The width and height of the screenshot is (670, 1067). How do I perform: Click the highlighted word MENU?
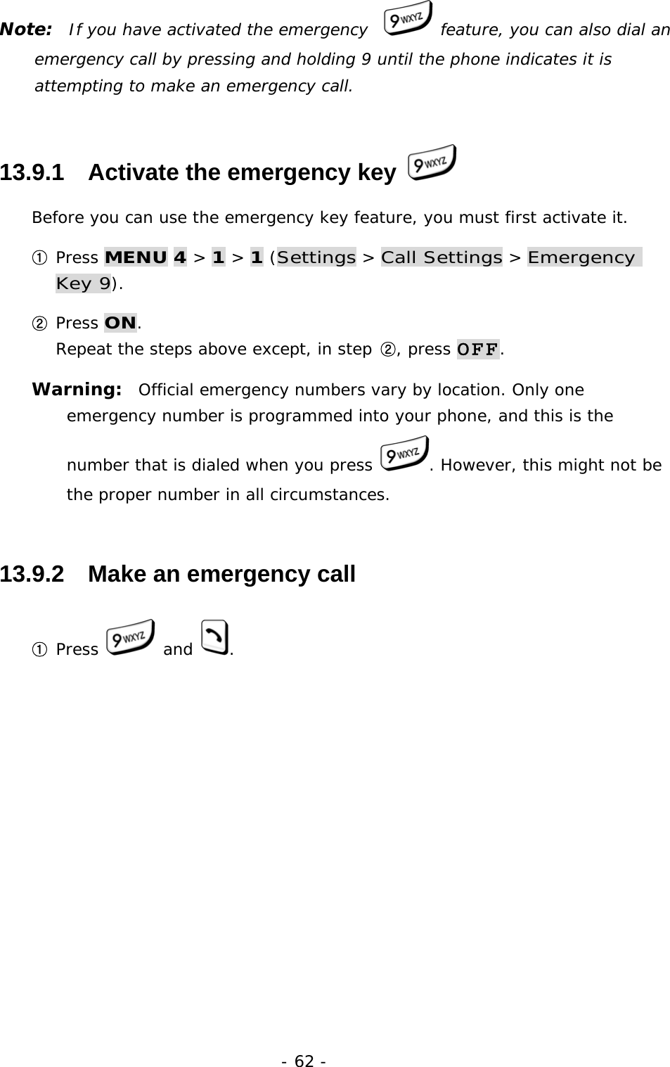(x=136, y=257)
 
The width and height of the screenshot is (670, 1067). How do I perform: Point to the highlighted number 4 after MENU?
(x=179, y=257)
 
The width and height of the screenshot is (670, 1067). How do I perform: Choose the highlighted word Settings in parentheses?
(x=316, y=257)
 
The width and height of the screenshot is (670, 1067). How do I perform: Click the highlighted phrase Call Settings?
(x=442, y=257)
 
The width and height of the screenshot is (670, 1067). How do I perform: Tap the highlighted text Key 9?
(x=83, y=284)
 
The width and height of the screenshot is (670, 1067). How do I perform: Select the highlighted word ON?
(x=120, y=323)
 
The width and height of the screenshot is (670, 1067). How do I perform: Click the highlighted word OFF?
(x=478, y=350)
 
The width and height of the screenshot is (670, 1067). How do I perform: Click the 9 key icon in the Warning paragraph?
(x=403, y=454)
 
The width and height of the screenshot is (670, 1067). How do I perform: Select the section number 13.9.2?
(x=32, y=574)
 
